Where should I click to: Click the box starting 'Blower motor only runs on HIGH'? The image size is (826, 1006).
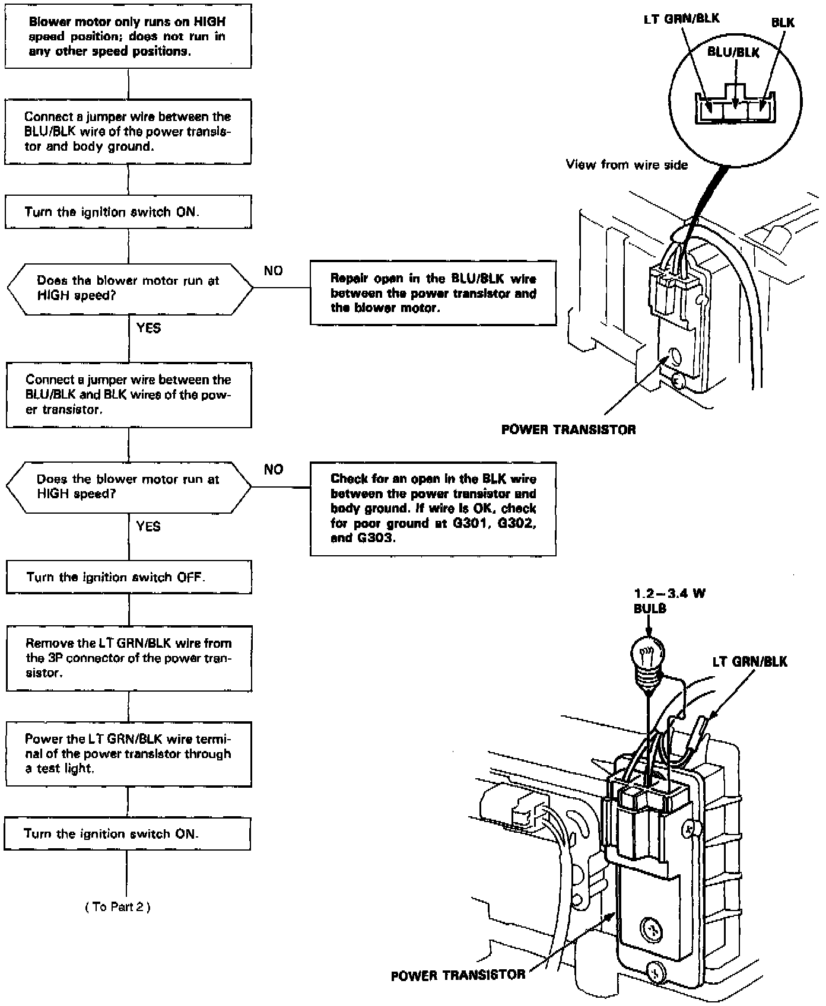tap(128, 36)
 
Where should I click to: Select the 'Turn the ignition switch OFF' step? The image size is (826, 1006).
tap(128, 577)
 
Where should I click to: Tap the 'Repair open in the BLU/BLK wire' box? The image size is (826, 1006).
tap(433, 293)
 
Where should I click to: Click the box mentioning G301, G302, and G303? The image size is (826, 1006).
tap(433, 509)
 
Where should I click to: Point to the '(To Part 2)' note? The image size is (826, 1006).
tap(117, 907)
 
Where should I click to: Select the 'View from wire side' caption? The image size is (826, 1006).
tap(627, 165)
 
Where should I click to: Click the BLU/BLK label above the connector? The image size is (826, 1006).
tap(733, 53)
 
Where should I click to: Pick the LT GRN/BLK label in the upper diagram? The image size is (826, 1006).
tap(682, 19)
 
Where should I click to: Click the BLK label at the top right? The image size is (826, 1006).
tap(783, 23)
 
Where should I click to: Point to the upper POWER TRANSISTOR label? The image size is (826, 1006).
tap(568, 429)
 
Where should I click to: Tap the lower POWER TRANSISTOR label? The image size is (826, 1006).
tap(458, 975)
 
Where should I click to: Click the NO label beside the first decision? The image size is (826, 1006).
tap(274, 271)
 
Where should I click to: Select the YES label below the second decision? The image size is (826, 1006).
tap(148, 526)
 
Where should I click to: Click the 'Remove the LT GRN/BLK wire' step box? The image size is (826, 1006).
tap(128, 658)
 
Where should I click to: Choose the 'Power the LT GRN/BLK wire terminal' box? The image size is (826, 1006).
tap(128, 753)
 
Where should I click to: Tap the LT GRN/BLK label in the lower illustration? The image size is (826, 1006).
tap(749, 661)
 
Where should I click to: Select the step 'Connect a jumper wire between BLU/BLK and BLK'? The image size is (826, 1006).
tap(128, 394)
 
